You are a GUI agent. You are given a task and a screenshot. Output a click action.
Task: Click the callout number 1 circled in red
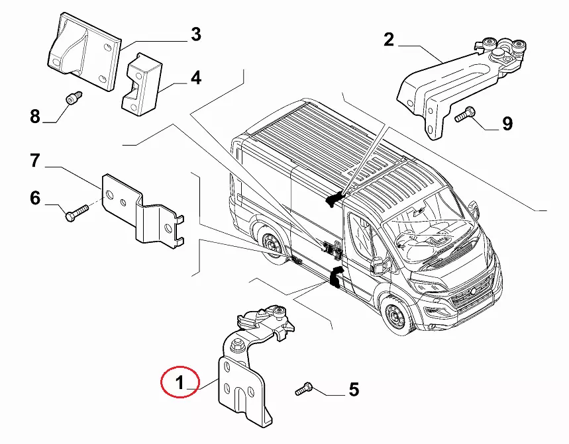tap(179, 381)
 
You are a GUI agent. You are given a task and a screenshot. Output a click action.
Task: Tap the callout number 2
tap(389, 40)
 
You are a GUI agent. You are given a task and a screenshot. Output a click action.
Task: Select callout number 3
tap(195, 34)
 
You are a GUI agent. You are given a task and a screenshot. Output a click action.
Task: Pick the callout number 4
tap(195, 79)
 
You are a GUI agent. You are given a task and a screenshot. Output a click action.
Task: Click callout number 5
tap(354, 390)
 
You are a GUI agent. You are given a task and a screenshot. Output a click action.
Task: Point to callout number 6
tap(35, 198)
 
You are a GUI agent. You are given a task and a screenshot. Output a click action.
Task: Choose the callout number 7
tap(35, 160)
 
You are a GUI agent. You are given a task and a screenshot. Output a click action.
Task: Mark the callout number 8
tap(35, 117)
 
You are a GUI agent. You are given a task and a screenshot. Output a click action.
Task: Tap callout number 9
tap(507, 123)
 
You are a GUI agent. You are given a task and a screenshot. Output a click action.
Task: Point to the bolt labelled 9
tap(464, 115)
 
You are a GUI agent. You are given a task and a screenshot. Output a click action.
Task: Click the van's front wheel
tap(395, 318)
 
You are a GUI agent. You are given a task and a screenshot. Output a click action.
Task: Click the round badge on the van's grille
tap(472, 292)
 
